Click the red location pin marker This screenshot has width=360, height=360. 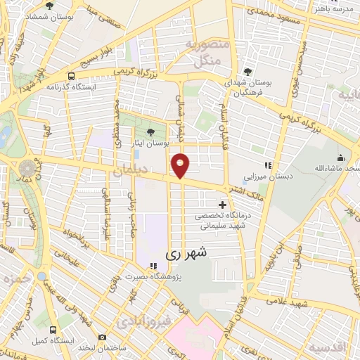(x=181, y=166)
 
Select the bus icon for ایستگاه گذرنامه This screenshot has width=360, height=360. (x=71, y=77)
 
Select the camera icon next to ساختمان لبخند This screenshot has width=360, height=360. (x=103, y=338)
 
